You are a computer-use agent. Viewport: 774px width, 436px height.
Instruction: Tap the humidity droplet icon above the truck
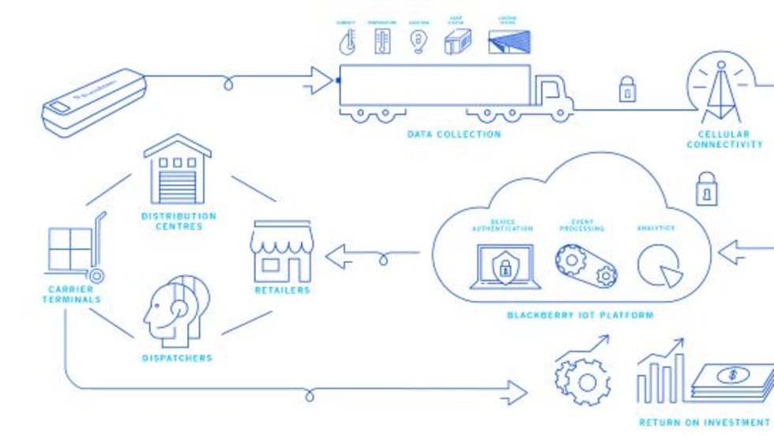point(347,42)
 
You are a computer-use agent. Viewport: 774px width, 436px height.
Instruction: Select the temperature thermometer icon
point(383,41)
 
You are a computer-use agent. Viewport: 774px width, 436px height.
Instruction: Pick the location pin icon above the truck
point(419,42)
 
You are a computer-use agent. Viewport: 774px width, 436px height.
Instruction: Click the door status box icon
point(457,42)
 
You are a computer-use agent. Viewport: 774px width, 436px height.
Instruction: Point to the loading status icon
point(508,42)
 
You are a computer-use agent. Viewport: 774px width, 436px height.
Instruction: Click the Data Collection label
point(453,134)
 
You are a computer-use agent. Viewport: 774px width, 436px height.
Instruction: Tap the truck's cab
point(552,94)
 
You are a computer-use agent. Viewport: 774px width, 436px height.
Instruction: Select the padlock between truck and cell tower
point(626,88)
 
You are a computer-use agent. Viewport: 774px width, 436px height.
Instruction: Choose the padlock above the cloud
point(706,189)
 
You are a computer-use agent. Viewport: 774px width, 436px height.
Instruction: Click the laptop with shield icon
point(505,267)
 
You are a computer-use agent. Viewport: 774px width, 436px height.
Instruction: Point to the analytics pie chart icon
point(659,267)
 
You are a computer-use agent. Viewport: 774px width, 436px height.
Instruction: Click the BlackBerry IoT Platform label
point(580,315)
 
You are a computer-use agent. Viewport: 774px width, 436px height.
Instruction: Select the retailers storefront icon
point(282,252)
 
